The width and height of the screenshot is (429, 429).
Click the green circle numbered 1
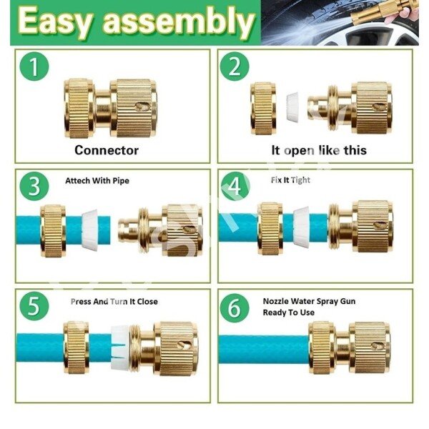(34, 66)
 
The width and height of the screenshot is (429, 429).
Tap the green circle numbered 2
(235, 66)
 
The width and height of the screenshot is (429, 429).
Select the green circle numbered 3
(34, 187)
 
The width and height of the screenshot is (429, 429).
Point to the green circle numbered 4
(235, 186)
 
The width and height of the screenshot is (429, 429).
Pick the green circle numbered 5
(34, 306)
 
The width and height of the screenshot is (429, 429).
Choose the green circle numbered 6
(235, 307)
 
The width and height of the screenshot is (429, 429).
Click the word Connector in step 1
(107, 150)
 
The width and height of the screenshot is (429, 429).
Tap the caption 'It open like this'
(319, 150)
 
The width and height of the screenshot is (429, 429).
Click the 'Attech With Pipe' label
(97, 181)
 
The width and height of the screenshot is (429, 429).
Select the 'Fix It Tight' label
(290, 180)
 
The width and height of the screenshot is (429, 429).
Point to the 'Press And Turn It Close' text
(114, 302)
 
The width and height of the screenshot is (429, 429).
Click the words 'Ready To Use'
(289, 312)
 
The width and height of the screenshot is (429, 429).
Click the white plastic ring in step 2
(293, 106)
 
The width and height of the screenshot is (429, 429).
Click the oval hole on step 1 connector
(142, 106)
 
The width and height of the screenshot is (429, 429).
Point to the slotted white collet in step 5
(119, 348)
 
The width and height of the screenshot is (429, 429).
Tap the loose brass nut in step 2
(263, 109)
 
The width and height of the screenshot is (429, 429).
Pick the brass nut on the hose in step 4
(270, 229)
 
